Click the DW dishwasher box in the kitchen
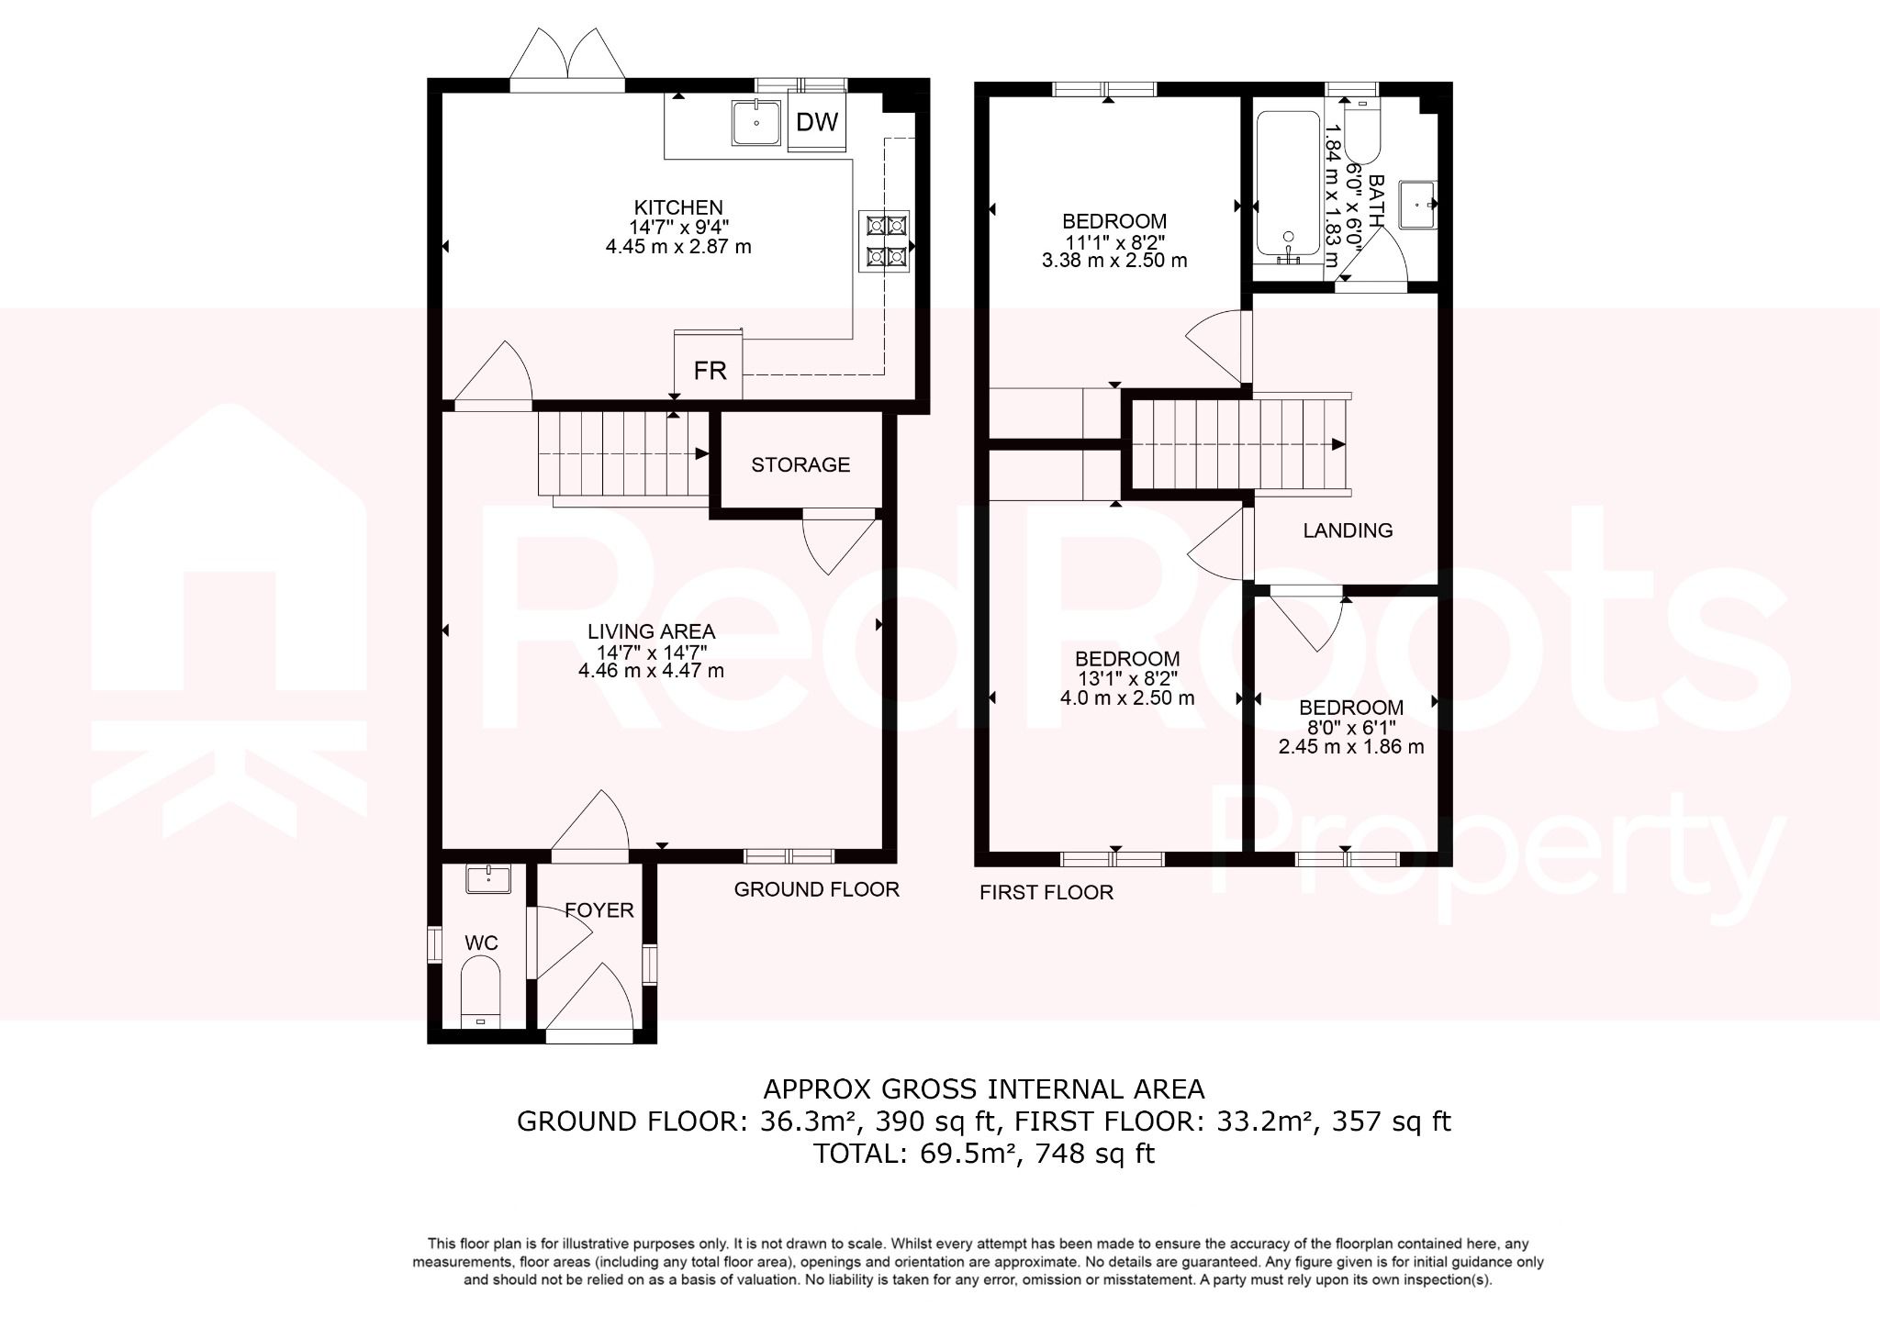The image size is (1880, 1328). [x=816, y=122]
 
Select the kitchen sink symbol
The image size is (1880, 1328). [x=755, y=122]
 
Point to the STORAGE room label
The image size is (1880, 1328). [x=800, y=464]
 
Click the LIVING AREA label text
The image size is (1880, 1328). [x=651, y=631]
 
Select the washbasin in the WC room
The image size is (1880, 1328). [x=487, y=879]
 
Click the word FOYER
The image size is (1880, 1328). [x=599, y=910]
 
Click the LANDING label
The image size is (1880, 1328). [x=1348, y=530]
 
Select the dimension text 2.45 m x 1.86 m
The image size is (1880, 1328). [x=1351, y=747]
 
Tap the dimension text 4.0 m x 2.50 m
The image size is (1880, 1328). [x=1127, y=697]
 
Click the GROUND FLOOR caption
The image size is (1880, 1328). [x=816, y=889]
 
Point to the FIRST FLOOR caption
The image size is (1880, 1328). [x=1046, y=892]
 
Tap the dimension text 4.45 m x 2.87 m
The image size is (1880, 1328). [x=678, y=247]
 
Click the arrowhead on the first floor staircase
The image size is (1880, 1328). [x=1338, y=444]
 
